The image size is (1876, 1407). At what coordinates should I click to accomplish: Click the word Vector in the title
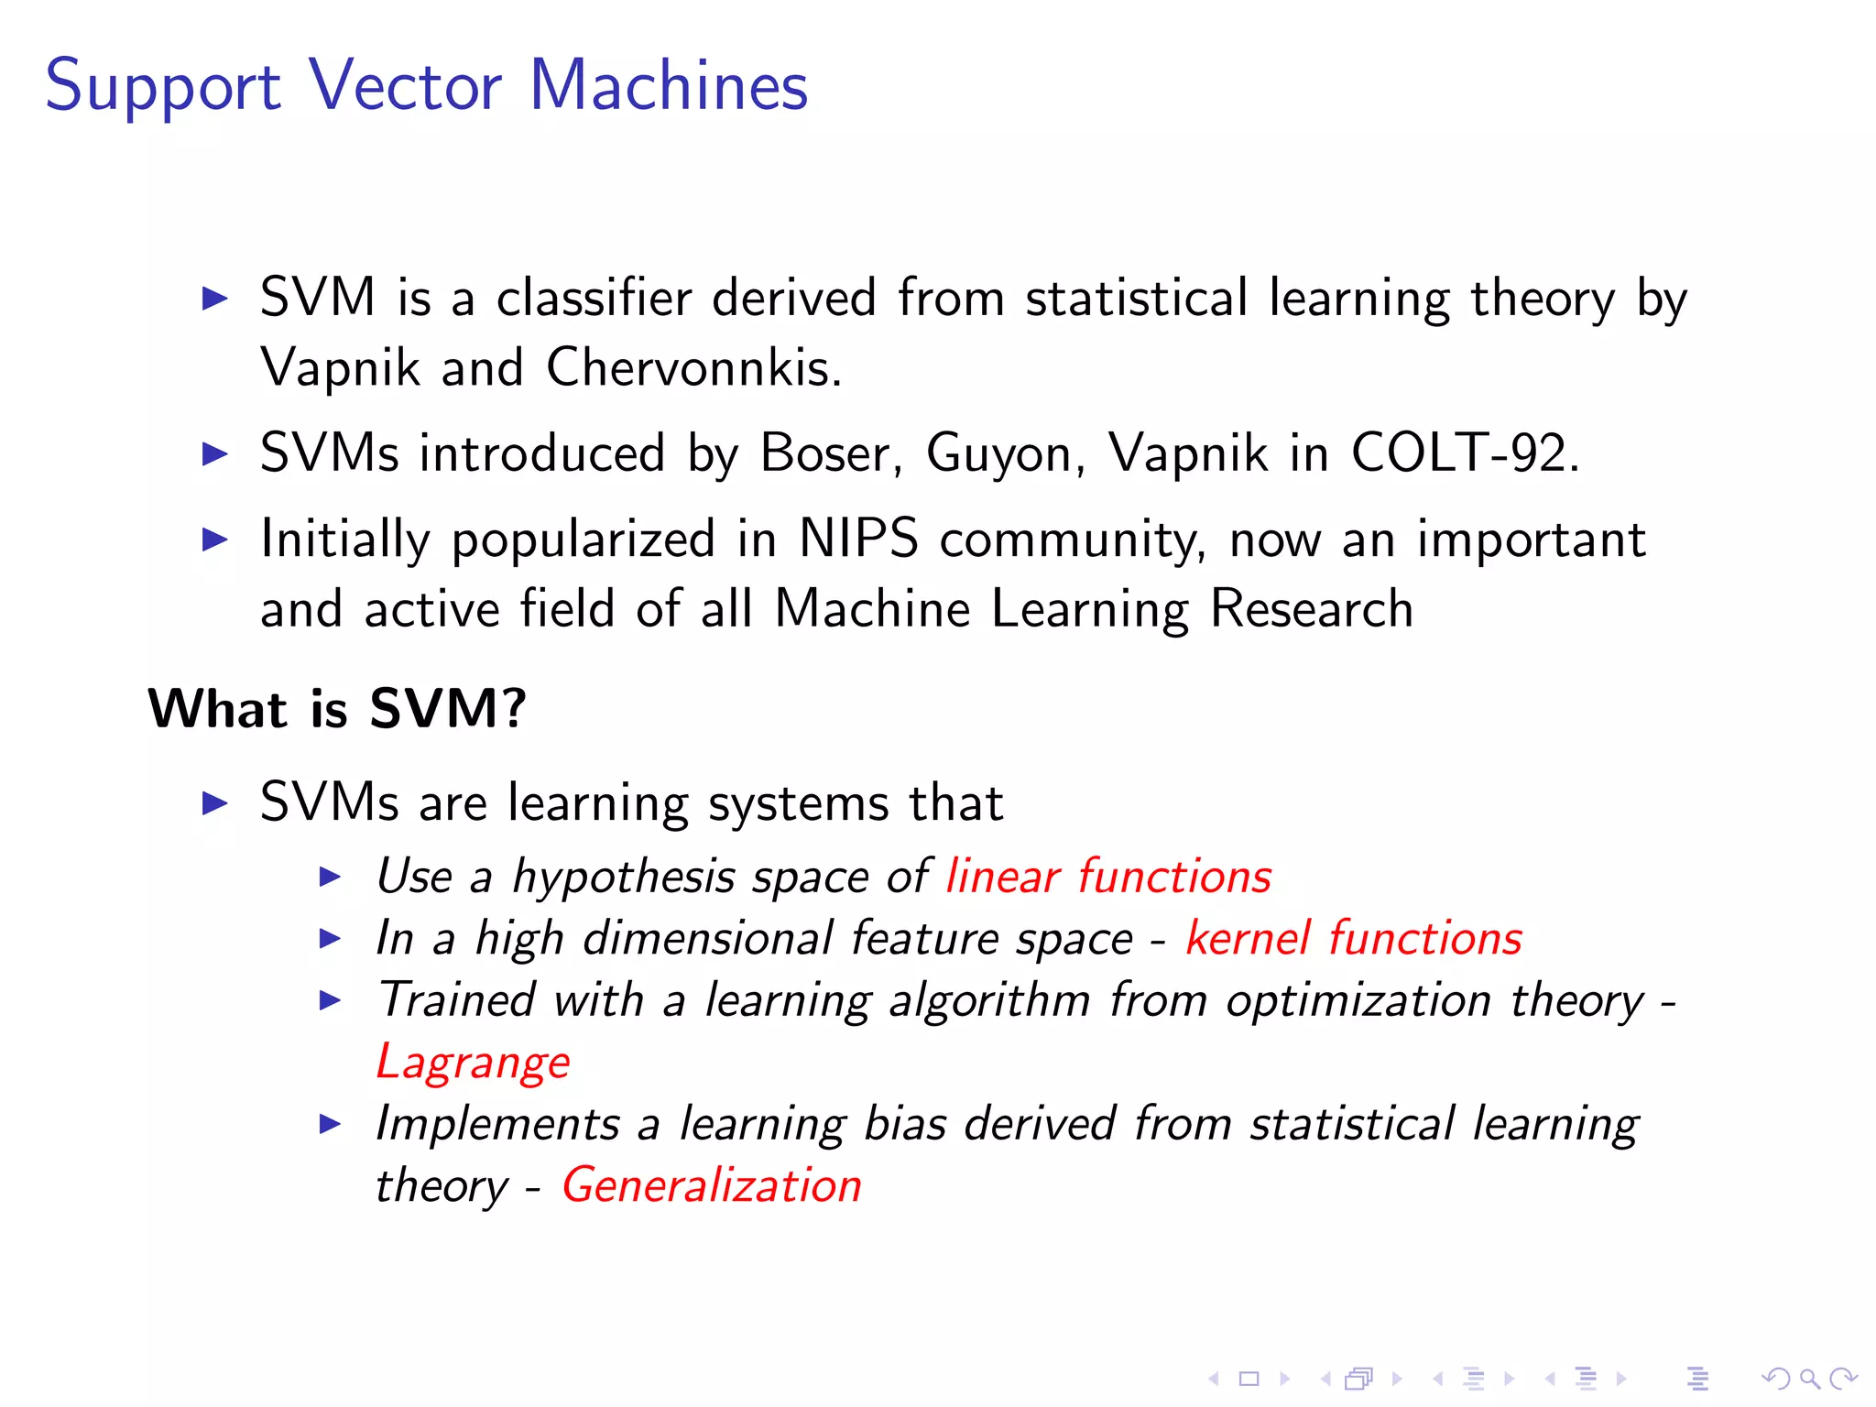(x=404, y=85)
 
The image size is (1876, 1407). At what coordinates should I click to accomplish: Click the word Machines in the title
(x=668, y=85)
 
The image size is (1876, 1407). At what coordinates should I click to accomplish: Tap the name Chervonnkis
(x=693, y=368)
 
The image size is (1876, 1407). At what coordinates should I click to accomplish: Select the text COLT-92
(x=1464, y=453)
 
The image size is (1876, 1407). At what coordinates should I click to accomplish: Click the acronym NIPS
(x=857, y=538)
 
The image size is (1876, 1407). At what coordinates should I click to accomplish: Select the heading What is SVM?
(x=337, y=708)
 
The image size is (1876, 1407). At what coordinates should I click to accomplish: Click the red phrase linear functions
(x=1108, y=876)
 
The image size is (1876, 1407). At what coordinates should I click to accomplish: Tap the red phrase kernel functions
(x=1353, y=938)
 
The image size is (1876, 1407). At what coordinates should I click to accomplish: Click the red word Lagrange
(x=473, y=1063)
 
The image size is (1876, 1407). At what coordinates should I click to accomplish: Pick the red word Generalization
(x=712, y=1185)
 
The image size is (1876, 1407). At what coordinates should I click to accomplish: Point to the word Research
(x=1311, y=609)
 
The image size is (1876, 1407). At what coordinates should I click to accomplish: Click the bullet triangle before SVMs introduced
(x=214, y=453)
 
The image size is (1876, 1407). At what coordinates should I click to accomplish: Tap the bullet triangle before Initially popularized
(x=214, y=539)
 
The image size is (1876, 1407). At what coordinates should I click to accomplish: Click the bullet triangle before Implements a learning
(x=330, y=1124)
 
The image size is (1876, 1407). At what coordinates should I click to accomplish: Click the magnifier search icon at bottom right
(x=1809, y=1378)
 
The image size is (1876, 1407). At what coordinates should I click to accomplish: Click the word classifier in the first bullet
(x=594, y=299)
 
